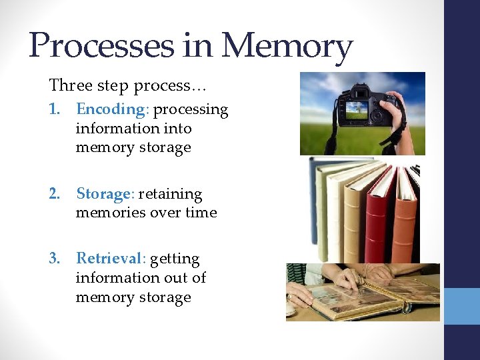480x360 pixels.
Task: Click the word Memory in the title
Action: click(x=287, y=47)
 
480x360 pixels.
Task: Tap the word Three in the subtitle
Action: click(x=67, y=85)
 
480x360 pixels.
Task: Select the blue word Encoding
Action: click(x=111, y=109)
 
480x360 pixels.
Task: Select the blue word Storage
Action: click(x=105, y=194)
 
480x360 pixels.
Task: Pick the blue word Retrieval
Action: click(x=109, y=258)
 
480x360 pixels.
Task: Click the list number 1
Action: click(x=55, y=109)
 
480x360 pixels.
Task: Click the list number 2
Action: click(x=55, y=194)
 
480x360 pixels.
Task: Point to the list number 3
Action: click(x=55, y=258)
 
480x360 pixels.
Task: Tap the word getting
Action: click(x=175, y=259)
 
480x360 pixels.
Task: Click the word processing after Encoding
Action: click(x=191, y=109)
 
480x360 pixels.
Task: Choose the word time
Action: click(x=202, y=213)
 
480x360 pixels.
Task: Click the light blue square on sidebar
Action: click(x=462, y=305)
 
